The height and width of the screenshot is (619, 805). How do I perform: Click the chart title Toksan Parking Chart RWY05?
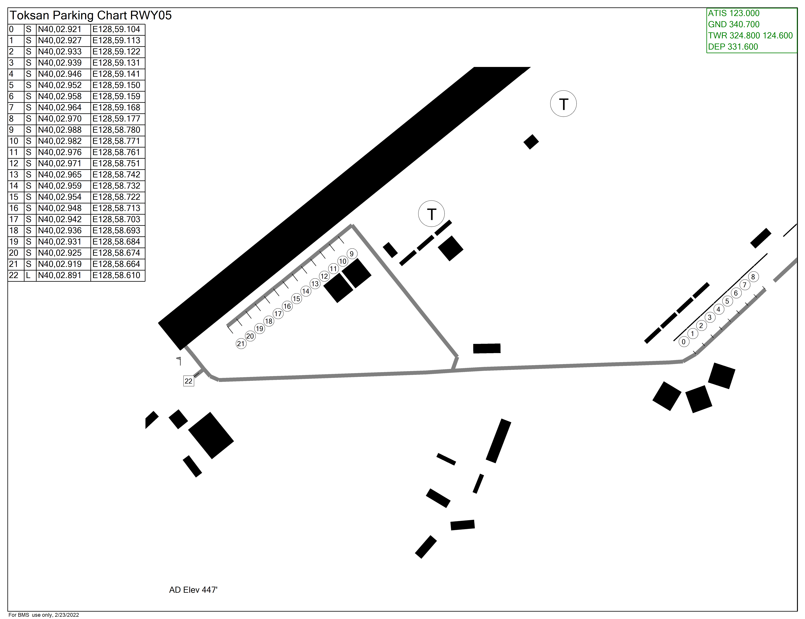(x=90, y=15)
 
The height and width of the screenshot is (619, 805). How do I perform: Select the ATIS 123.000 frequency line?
(x=733, y=13)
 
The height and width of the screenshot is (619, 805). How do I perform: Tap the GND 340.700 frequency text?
(x=733, y=24)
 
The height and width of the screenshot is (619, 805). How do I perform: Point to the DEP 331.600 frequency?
(x=733, y=47)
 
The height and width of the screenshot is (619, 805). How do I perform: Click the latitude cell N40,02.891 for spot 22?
(x=60, y=275)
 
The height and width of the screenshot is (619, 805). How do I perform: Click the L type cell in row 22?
(x=28, y=275)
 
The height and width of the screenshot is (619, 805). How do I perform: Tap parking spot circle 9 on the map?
(x=352, y=254)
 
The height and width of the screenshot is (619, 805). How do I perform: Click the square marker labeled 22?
(x=188, y=381)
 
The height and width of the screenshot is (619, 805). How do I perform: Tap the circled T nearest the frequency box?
(x=563, y=104)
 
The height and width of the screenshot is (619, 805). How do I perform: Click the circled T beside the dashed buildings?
(x=431, y=214)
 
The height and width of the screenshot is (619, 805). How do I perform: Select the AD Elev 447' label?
(x=193, y=590)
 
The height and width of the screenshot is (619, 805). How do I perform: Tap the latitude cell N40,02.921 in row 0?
(x=60, y=29)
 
